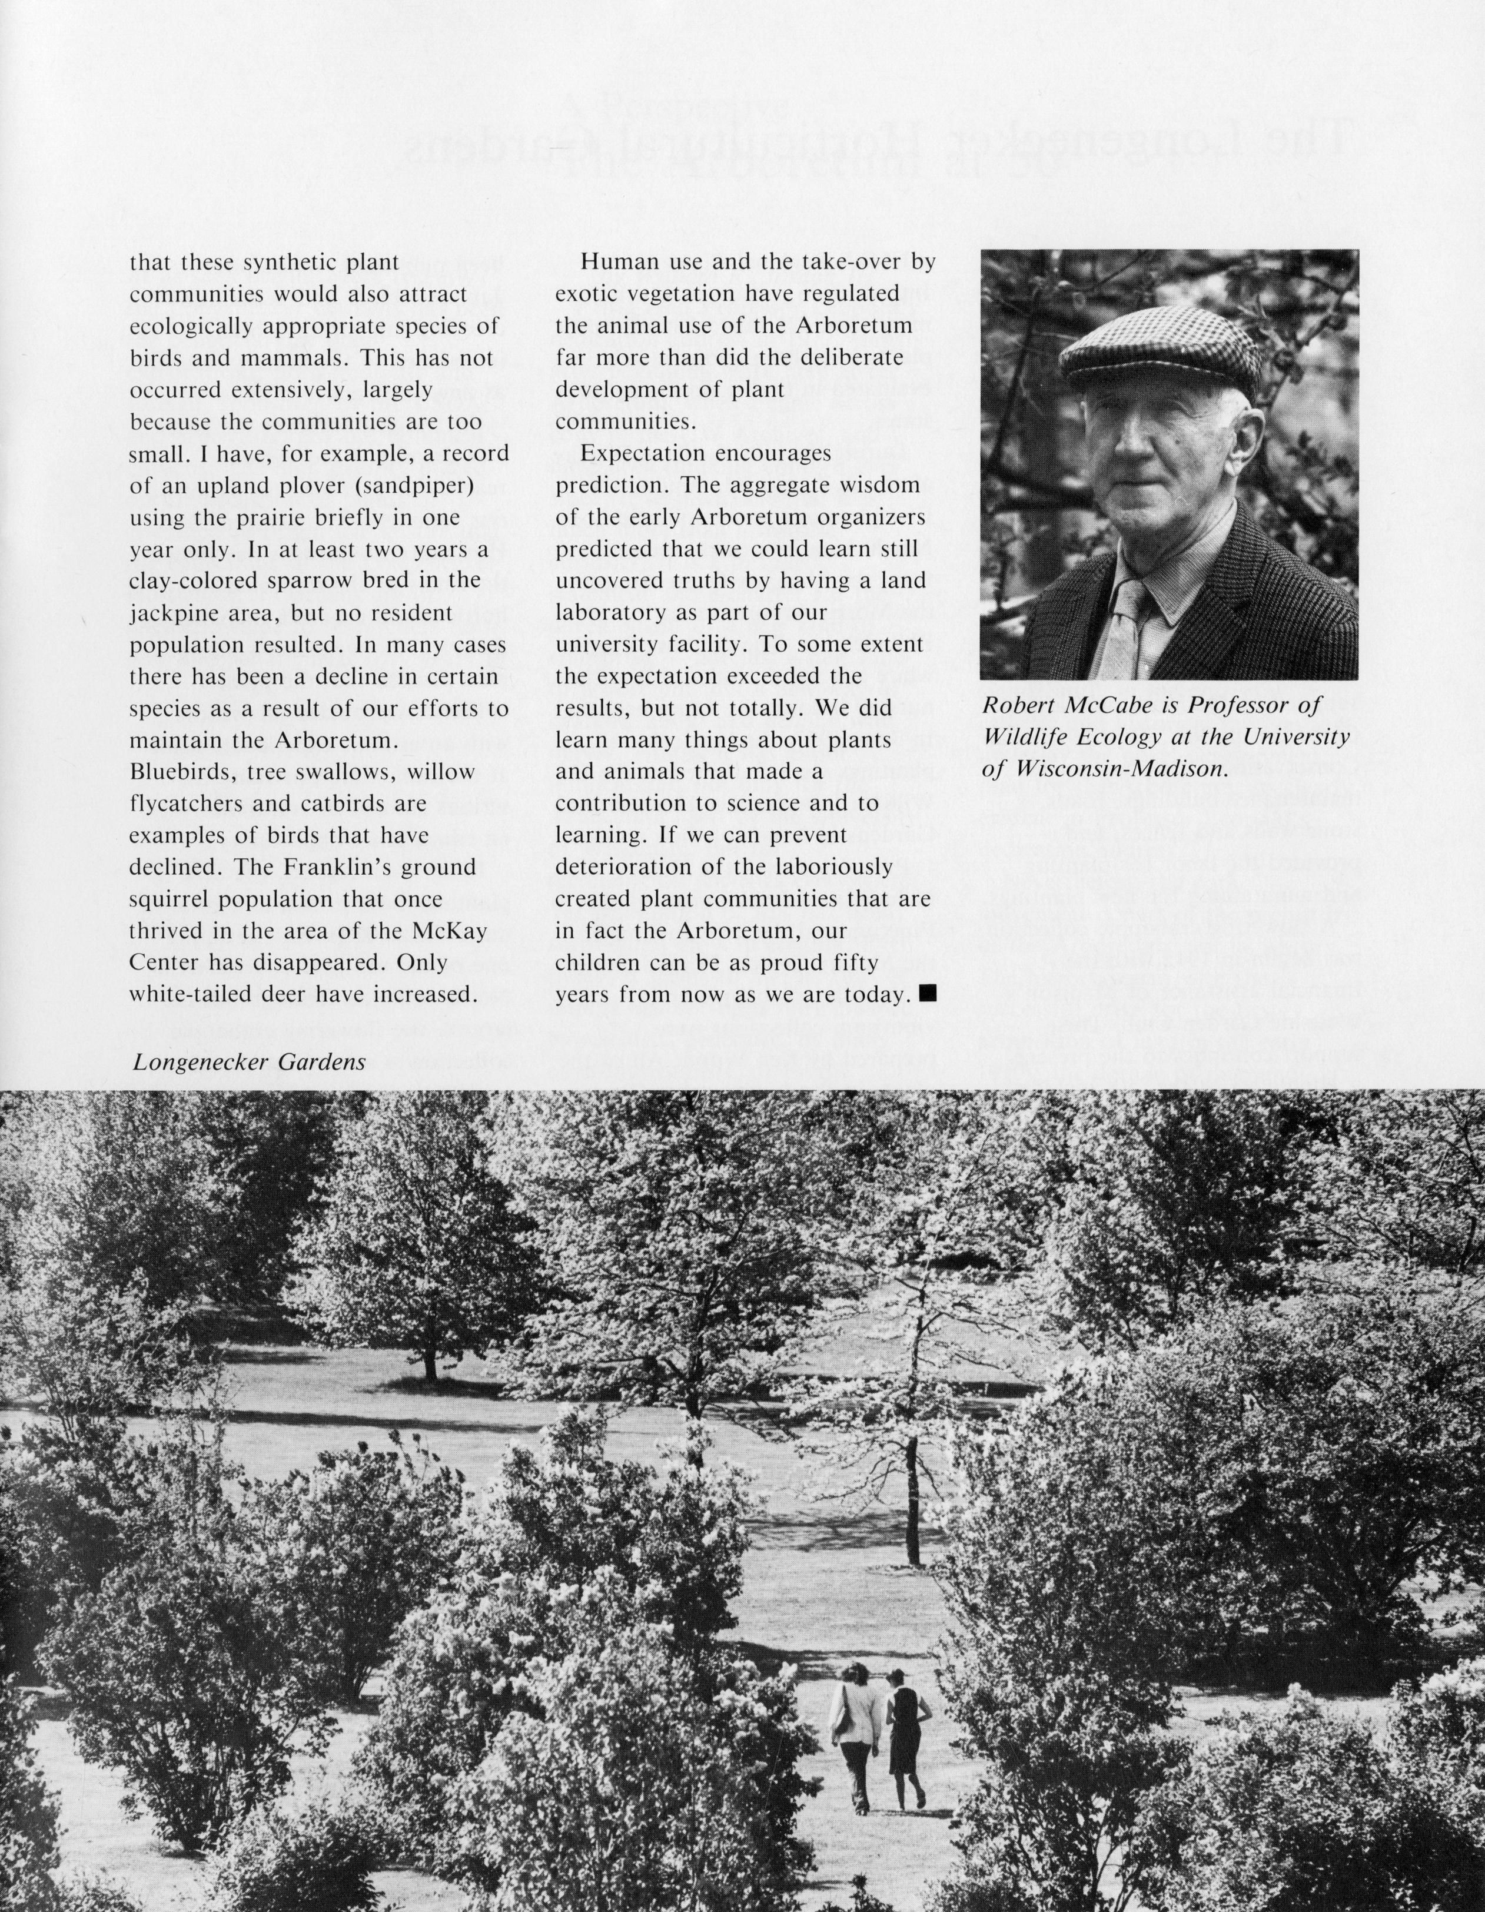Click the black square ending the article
point(929,992)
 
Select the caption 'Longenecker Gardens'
point(248,1063)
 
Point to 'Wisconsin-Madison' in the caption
point(1120,769)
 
